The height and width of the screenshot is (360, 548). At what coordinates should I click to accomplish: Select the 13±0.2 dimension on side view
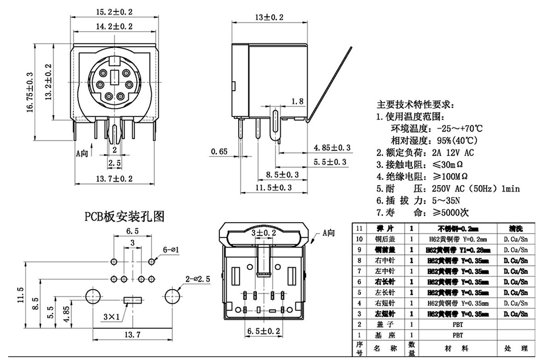click(x=269, y=18)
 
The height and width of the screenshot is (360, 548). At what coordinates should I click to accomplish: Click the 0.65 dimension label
click(x=219, y=152)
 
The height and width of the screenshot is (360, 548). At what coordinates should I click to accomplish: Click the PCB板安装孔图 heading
click(x=125, y=217)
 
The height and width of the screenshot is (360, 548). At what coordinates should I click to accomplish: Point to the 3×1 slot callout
click(x=111, y=317)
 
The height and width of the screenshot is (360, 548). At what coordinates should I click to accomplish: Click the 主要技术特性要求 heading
click(x=415, y=105)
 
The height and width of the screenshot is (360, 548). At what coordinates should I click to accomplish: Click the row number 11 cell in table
click(x=360, y=228)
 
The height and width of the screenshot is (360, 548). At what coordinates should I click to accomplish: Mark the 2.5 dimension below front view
click(x=114, y=163)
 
